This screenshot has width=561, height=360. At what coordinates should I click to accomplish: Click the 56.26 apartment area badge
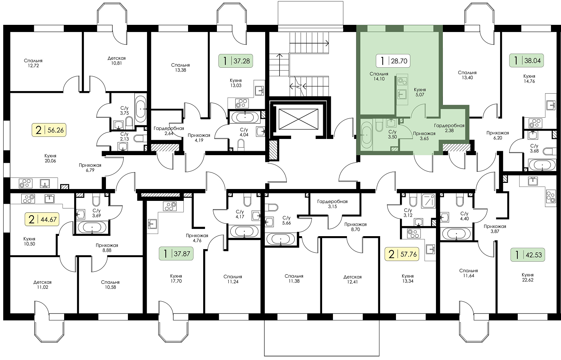(x=49, y=130)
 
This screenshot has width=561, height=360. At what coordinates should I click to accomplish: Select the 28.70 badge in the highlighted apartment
(x=393, y=61)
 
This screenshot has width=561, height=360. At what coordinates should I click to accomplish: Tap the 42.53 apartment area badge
(x=528, y=255)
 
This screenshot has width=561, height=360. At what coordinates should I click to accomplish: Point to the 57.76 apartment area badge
(x=402, y=254)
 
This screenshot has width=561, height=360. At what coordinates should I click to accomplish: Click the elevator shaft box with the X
(x=298, y=119)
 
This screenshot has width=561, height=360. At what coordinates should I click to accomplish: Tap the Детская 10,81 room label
(x=116, y=60)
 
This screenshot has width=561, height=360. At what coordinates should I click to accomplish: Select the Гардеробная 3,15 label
(x=332, y=204)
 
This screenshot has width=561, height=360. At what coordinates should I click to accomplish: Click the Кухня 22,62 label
(x=528, y=277)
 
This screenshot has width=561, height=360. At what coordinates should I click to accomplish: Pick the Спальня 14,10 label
(x=379, y=76)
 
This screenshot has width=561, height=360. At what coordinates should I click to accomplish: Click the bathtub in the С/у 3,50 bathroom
(x=367, y=135)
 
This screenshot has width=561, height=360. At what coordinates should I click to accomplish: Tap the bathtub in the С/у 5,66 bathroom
(x=281, y=239)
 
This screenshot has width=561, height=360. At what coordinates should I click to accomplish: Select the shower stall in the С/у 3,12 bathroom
(x=428, y=201)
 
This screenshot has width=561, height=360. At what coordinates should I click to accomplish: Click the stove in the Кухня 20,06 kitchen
(x=26, y=183)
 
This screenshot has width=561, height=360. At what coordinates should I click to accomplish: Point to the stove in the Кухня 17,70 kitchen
(x=170, y=206)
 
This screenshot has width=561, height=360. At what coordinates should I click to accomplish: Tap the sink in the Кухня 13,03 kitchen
(x=259, y=91)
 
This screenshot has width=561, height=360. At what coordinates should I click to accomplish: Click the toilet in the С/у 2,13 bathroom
(x=139, y=138)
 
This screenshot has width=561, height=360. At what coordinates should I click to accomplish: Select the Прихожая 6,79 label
(x=90, y=168)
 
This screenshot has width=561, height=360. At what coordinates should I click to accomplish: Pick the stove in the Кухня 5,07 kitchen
(x=402, y=81)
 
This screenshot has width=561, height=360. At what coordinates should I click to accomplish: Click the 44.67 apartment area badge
(x=42, y=219)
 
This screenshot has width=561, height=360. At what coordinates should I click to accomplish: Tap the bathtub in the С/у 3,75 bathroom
(x=141, y=110)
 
